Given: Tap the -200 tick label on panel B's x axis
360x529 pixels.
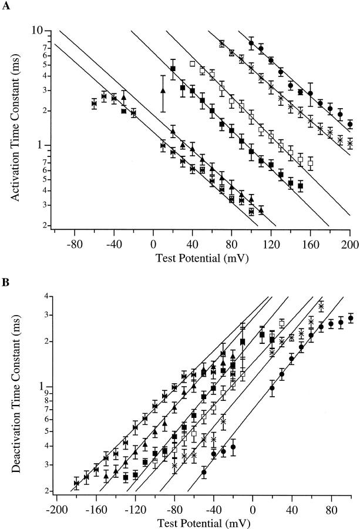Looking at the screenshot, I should click(56, 507).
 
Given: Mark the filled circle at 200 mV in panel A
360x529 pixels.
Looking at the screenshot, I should click(350, 124).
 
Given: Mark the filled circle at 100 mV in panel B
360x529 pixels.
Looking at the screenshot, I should click(351, 318).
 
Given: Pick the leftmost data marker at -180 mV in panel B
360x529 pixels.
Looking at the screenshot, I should click(76, 483).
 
